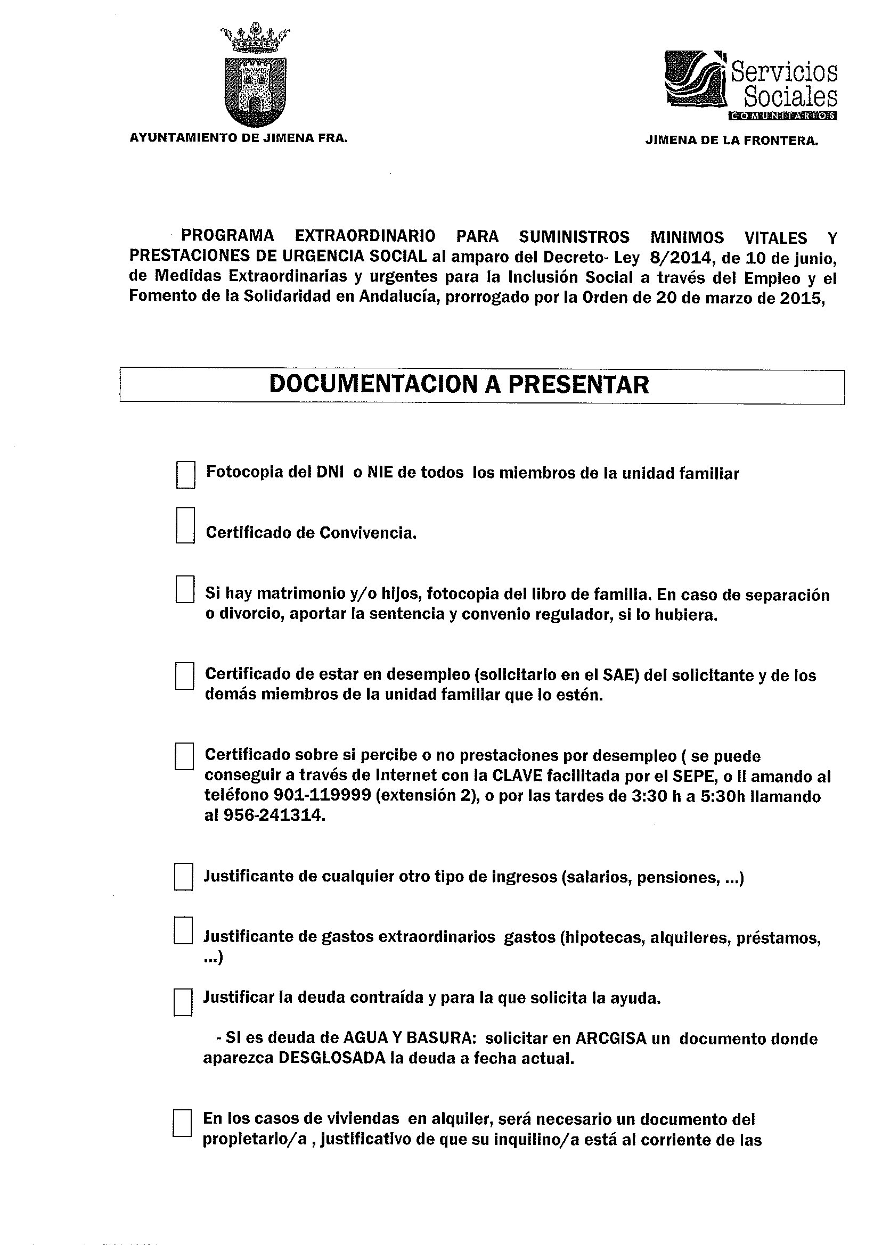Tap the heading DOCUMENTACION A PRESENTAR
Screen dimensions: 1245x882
tap(459, 385)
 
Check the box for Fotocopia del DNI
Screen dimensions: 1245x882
tap(185, 475)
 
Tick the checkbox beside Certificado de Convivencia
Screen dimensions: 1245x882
tap(185, 525)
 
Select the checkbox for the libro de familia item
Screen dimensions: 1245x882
tap(185, 589)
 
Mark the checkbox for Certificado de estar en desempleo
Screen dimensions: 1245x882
tap(185, 675)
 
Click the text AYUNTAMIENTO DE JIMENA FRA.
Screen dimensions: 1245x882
tap(238, 138)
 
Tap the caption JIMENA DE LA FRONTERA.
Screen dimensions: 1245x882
tap(731, 141)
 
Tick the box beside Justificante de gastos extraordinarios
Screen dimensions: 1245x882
tap(184, 931)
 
